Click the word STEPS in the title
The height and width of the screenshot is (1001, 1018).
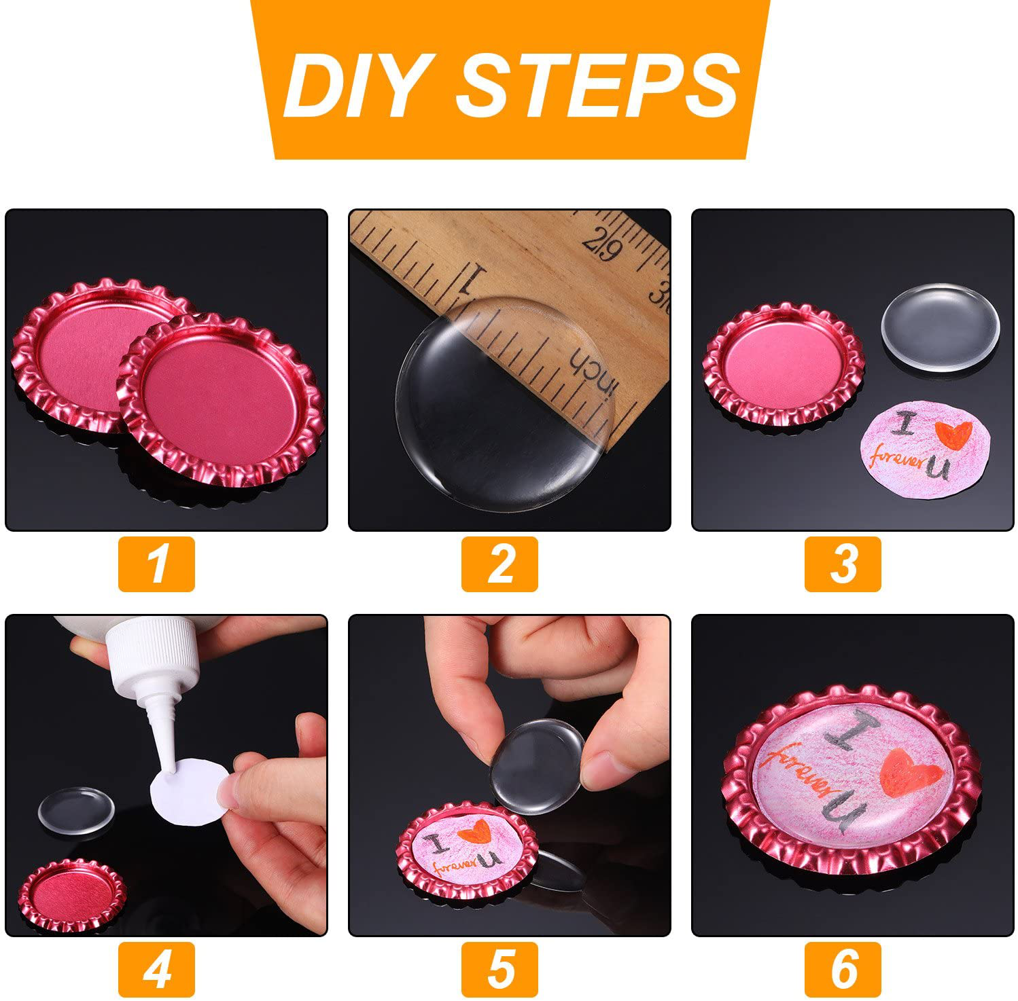click(x=598, y=86)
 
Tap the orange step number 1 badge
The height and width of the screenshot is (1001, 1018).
click(x=156, y=564)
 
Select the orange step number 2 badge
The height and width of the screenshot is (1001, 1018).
click(x=499, y=564)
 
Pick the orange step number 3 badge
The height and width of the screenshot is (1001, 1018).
click(x=843, y=564)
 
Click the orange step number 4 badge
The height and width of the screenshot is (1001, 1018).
click(x=156, y=969)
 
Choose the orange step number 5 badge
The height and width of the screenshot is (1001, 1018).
click(x=499, y=969)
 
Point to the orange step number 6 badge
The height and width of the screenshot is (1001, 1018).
click(x=843, y=969)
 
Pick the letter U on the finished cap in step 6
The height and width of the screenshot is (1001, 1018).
click(x=846, y=812)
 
